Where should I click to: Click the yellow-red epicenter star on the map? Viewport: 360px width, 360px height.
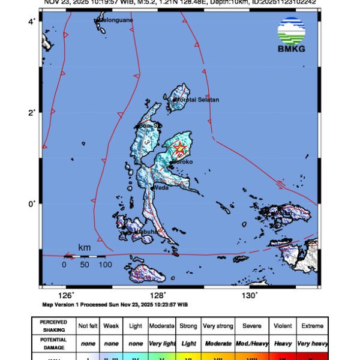pyautogui.click(x=178, y=147)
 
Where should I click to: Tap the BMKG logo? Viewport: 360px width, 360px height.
pyautogui.click(x=292, y=35)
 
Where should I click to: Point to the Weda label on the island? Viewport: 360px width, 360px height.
pyautogui.click(x=161, y=187)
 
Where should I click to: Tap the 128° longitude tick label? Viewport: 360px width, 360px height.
pyautogui.click(x=157, y=295)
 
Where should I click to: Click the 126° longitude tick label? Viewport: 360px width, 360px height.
pyautogui.click(x=65, y=295)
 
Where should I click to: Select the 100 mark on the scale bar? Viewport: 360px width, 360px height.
pyautogui.click(x=105, y=265)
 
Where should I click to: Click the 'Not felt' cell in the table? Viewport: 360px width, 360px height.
pyautogui.click(x=88, y=326)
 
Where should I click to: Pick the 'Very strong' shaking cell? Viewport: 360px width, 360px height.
pyautogui.click(x=217, y=326)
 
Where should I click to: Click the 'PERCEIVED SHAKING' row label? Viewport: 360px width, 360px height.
pyautogui.click(x=53, y=326)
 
